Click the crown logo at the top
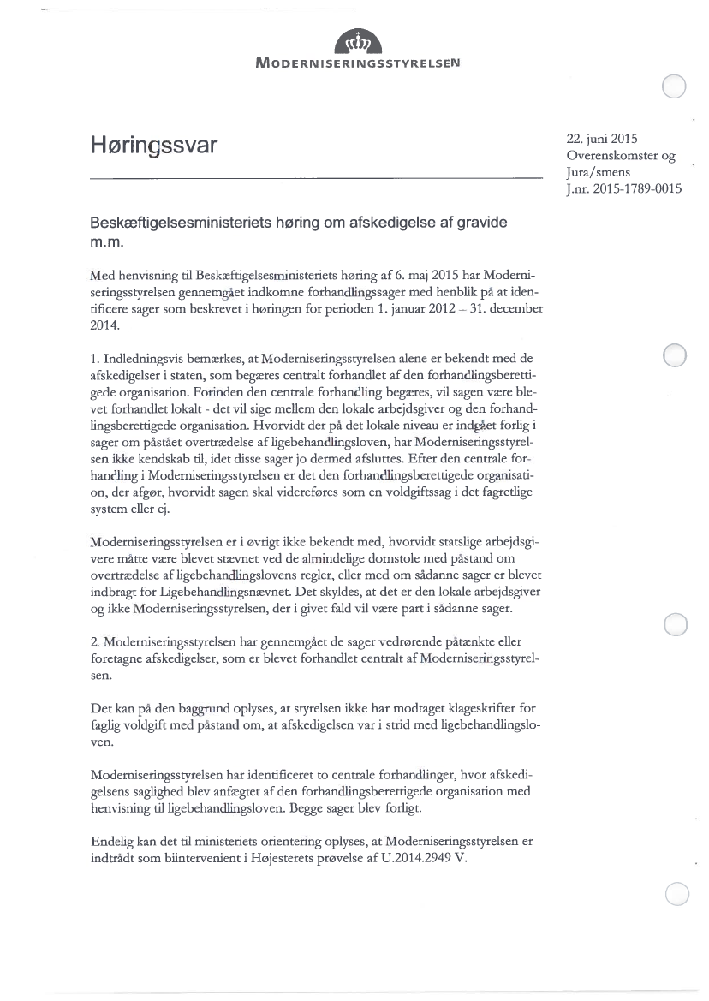coord(355,40)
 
